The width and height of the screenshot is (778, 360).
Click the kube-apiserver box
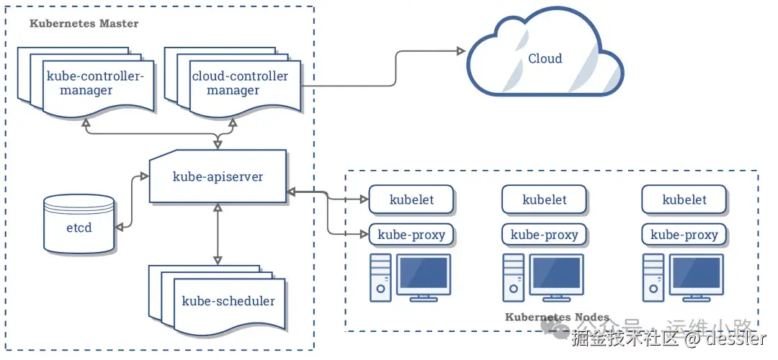[218, 176]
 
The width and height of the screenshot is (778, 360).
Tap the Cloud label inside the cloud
[545, 59]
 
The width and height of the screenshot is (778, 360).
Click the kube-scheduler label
[228, 301]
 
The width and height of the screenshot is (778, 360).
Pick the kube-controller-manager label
[96, 84]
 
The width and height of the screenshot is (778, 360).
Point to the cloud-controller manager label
[239, 84]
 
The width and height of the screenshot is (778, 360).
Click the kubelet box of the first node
[411, 199]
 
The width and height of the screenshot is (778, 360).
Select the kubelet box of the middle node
[545, 199]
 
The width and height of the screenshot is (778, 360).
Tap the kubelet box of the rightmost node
[684, 199]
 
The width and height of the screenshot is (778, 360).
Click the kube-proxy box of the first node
[411, 235]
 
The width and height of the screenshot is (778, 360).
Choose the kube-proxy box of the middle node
[545, 235]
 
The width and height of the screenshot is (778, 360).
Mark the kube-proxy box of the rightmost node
[684, 235]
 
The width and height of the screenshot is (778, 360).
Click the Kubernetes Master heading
[84, 23]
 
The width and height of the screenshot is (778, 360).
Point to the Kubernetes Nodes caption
[557, 318]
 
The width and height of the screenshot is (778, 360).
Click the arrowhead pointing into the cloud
[459, 51]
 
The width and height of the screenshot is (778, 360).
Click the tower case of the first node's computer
[380, 277]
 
